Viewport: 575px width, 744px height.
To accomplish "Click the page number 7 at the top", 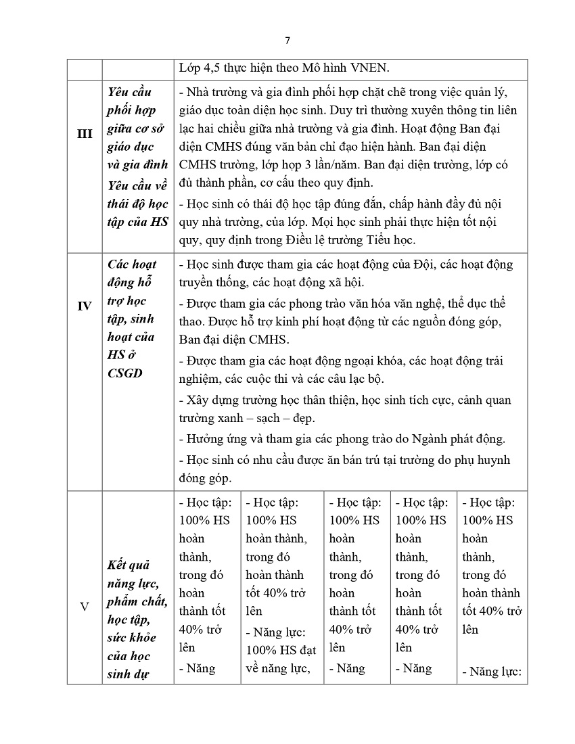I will coord(287,40).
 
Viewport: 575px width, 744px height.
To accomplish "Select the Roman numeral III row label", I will coord(85,134).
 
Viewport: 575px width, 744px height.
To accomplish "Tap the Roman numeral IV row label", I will coord(85,306).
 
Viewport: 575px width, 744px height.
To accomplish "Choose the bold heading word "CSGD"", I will coord(125,373).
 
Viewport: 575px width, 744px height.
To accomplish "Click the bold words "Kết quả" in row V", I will coord(128,565).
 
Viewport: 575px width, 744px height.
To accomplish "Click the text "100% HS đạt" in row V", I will coord(281,651).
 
